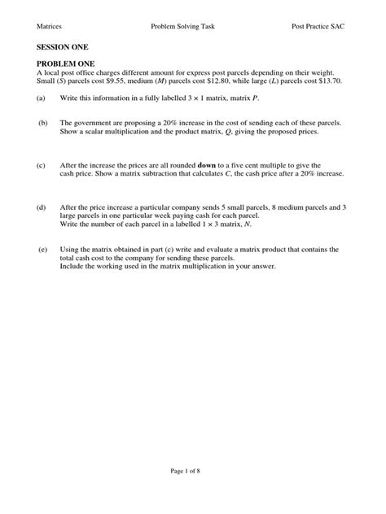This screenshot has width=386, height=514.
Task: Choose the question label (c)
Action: tap(41, 165)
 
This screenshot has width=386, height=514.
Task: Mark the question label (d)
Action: tap(41, 209)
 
